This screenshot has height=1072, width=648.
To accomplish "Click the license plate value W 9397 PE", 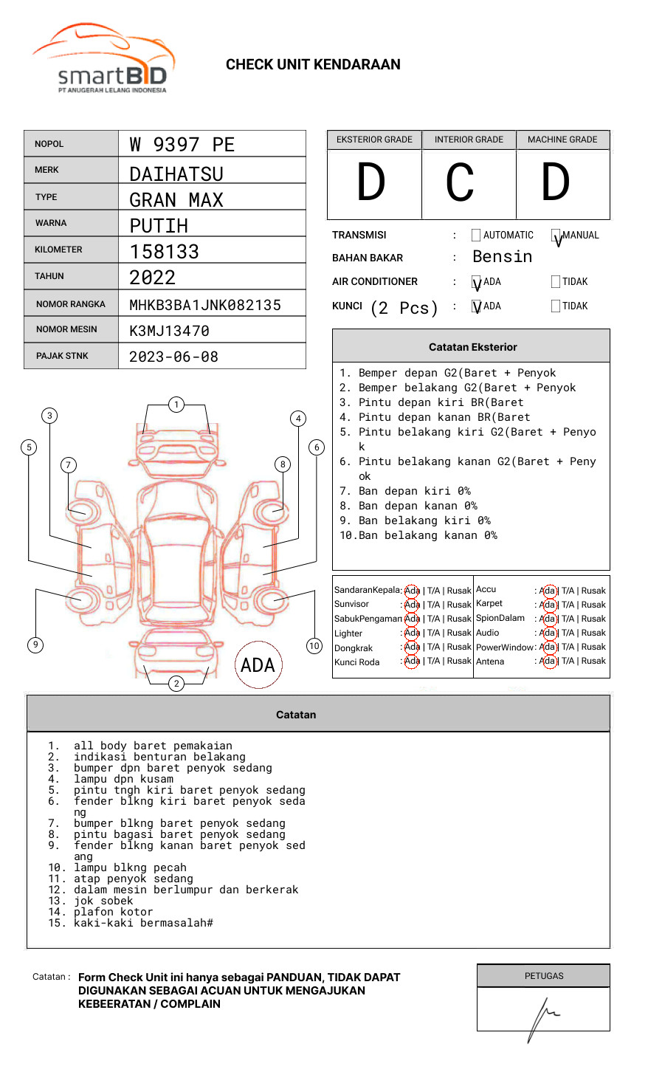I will pos(182,145).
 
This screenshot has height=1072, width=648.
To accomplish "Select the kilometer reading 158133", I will pos(165,252).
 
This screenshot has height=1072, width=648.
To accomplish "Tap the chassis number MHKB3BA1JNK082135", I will pos(205,305).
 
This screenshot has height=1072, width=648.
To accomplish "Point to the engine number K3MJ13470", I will pos(169,331).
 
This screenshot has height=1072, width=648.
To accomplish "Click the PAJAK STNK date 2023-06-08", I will pos(173,357).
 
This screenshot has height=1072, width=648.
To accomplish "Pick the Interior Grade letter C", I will pos(460,182).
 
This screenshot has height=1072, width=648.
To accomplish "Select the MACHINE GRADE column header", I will pos(562,140).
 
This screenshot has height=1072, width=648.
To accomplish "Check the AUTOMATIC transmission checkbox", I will pos(476,236).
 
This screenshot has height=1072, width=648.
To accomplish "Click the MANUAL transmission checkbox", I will pos(556,236).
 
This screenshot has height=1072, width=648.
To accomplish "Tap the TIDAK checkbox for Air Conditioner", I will pos(556,281).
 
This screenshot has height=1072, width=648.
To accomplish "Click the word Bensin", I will pos(502,257).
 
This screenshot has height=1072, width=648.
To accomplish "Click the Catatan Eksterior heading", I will pos(472,347).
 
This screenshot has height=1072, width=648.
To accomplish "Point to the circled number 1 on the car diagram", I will pos(176,404).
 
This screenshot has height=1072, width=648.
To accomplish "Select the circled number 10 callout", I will pos(314,646).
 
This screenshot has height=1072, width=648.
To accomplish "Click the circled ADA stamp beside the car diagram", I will pos(258,665).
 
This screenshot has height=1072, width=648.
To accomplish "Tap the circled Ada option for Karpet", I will pos(548,605).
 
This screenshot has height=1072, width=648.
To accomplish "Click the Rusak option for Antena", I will pos(593,661).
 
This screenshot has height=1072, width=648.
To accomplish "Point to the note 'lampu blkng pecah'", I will pos(130,867).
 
